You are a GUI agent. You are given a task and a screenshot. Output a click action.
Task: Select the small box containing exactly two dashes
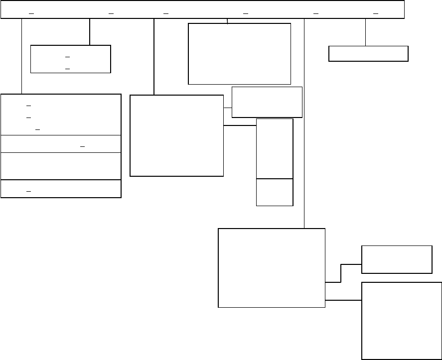[x=70, y=59]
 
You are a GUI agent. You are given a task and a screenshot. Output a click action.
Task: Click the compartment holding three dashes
[x=61, y=114]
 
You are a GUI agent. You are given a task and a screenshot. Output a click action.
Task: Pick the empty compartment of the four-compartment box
[x=61, y=166]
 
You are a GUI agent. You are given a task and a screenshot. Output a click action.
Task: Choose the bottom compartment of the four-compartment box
[x=61, y=189]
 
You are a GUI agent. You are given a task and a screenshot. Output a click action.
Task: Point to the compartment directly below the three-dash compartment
[x=61, y=143]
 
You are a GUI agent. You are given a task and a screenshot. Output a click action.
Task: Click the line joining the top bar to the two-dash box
[x=90, y=32]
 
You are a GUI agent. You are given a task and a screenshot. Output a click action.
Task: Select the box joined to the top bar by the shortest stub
[x=239, y=54]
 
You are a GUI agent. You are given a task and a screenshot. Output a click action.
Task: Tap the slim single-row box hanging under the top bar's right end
[x=368, y=54]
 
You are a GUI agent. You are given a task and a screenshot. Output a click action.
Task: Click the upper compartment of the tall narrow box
[x=275, y=148]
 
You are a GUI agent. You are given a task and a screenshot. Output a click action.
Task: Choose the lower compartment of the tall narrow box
[x=275, y=192]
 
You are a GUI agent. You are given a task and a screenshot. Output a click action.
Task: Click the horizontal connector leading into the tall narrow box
[x=240, y=125]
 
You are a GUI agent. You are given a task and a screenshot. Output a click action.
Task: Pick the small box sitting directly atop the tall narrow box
[x=267, y=102]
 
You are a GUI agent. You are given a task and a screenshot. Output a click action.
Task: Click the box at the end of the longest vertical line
[x=272, y=268]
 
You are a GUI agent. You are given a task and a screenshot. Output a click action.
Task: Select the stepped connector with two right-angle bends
[x=341, y=273]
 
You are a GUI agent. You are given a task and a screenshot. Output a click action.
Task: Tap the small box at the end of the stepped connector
[x=397, y=259]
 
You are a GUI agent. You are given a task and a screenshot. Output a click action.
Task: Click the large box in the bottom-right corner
[x=401, y=321]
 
